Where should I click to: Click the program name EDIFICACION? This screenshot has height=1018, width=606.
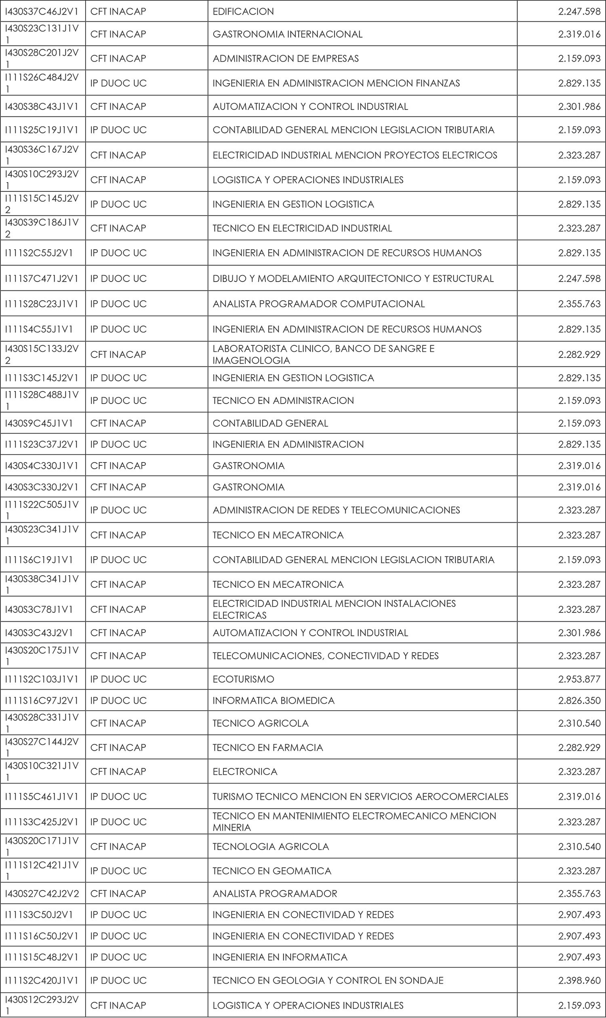pos(243,11)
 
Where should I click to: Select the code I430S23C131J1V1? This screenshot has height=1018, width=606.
pos(42,34)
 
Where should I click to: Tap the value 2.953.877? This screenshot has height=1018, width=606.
pos(579,679)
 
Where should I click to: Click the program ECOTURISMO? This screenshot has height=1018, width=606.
pos(243,679)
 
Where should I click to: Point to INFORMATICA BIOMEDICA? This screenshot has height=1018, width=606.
pos(273,700)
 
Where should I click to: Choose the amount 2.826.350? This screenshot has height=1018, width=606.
pos(579,700)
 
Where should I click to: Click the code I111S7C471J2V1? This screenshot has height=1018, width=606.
pos(42,278)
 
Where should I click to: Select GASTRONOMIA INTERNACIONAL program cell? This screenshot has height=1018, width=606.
pos(287,34)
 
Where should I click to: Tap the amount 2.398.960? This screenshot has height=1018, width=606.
pos(579,980)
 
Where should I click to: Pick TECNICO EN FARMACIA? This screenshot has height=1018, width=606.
pos(267,747)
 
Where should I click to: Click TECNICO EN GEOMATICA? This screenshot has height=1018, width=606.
pos(271,871)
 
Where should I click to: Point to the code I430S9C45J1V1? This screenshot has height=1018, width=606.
pos(39,423)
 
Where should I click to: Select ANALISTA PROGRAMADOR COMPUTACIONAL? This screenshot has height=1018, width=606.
pos(318,304)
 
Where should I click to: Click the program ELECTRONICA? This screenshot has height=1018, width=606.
pos(244,771)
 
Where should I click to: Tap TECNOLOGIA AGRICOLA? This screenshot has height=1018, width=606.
pos(270,846)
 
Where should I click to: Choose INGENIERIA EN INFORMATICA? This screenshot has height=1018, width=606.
pos(280,957)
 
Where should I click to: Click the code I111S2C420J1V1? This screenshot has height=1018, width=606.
pos(42,980)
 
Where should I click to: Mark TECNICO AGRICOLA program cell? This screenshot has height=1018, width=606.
pos(260,723)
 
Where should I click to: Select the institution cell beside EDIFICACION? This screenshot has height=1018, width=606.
pos(118,11)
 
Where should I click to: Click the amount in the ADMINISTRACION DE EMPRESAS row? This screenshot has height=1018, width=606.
pos(579,59)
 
